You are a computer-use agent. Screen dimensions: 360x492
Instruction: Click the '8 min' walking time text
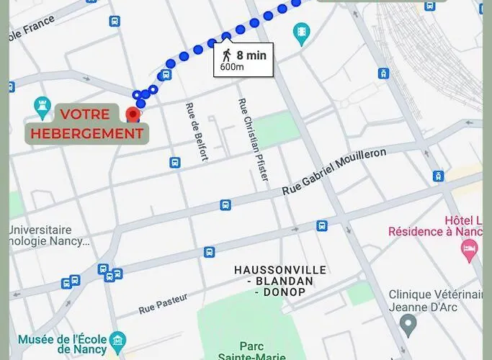[251, 54]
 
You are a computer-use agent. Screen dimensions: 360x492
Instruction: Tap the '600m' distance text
[232, 67]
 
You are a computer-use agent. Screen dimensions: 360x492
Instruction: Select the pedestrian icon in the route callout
[227, 55]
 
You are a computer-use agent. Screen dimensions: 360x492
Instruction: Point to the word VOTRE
[85, 114]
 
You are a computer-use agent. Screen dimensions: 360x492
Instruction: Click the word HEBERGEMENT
[87, 132]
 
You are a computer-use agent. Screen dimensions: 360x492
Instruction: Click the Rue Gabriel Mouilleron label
[334, 171]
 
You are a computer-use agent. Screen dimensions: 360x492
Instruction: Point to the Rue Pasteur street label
[162, 304]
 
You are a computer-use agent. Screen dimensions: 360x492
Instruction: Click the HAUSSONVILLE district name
[279, 269]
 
